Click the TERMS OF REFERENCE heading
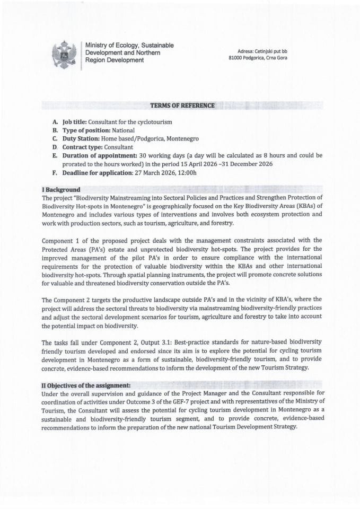click(182, 106)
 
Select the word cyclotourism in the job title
click(154, 122)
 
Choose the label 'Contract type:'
click(82, 147)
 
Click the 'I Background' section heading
click(61, 190)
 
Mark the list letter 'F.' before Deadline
click(55, 173)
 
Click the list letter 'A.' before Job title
click(55, 122)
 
